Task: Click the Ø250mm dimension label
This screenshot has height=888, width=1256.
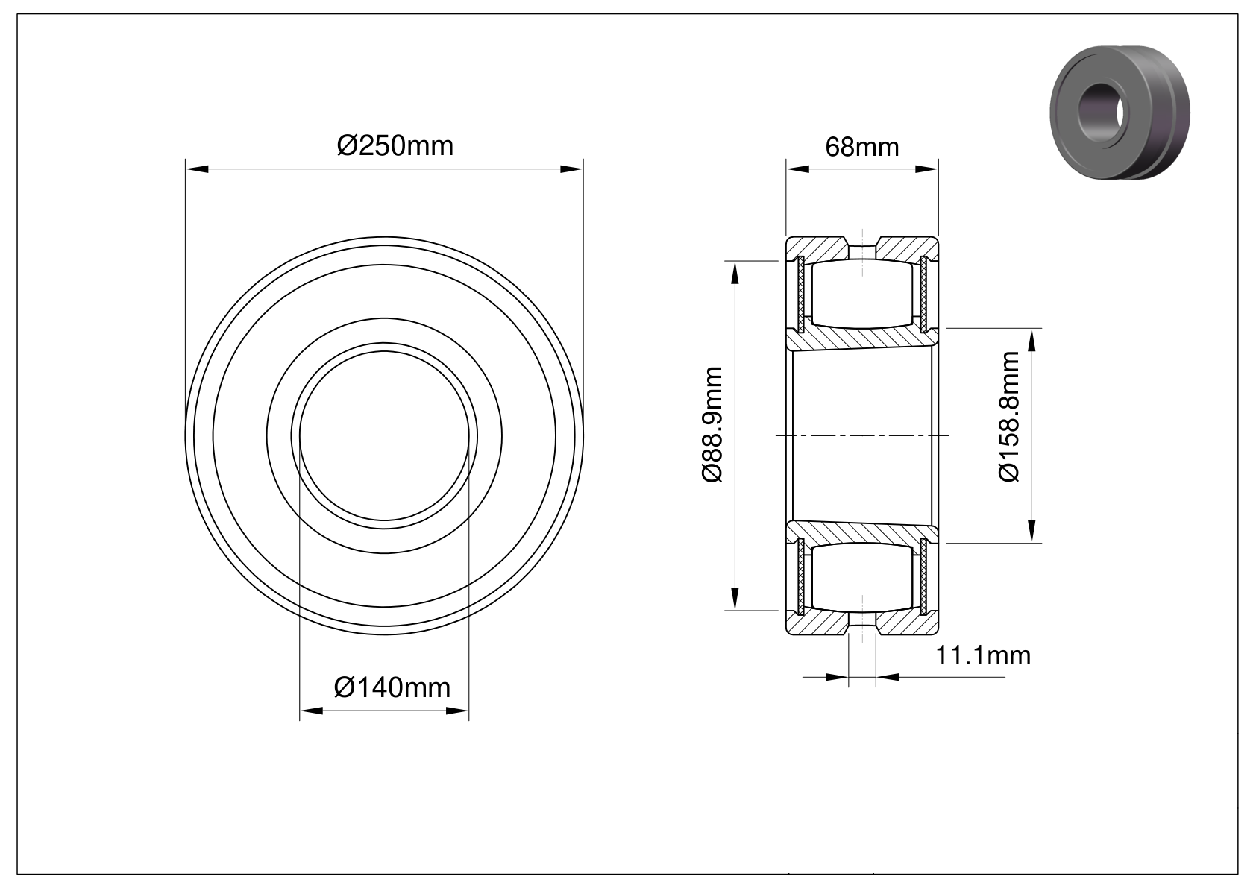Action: click(x=395, y=146)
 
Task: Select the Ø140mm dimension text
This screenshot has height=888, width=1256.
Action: click(x=392, y=687)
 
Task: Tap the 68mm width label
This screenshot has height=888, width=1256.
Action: click(x=861, y=148)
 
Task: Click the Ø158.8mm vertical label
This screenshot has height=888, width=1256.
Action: click(x=1009, y=417)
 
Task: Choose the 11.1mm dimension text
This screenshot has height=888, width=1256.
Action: click(x=983, y=655)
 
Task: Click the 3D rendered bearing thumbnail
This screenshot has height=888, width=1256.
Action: click(x=1120, y=113)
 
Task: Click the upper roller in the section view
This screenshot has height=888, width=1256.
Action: click(x=861, y=294)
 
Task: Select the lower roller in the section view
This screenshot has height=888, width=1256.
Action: click(x=861, y=577)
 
